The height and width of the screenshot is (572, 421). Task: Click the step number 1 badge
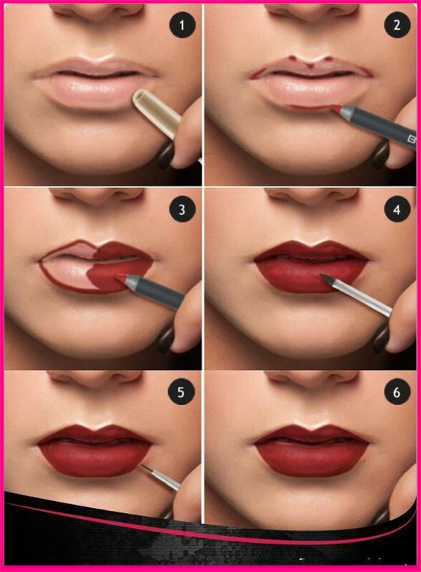[x=182, y=25]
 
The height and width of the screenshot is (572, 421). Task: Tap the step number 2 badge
[x=397, y=25]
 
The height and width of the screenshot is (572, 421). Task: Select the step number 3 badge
[x=182, y=210]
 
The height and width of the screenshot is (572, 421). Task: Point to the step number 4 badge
[x=397, y=210]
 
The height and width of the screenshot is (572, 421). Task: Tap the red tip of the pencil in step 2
[x=336, y=107]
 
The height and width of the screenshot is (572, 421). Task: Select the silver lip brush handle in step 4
[x=361, y=297]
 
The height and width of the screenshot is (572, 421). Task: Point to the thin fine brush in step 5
[x=160, y=477]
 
